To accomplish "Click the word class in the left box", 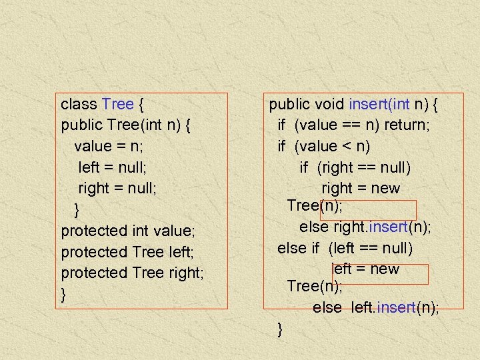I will [x=79, y=104].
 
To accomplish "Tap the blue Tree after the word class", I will [x=118, y=104].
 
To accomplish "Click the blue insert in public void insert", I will [x=373, y=104].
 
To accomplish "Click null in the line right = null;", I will [x=141, y=188].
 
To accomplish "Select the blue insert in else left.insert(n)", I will [x=397, y=307].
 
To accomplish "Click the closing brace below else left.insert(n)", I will [x=280, y=328].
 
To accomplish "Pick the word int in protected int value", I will [x=139, y=231].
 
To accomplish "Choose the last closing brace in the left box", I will [x=63, y=294].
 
